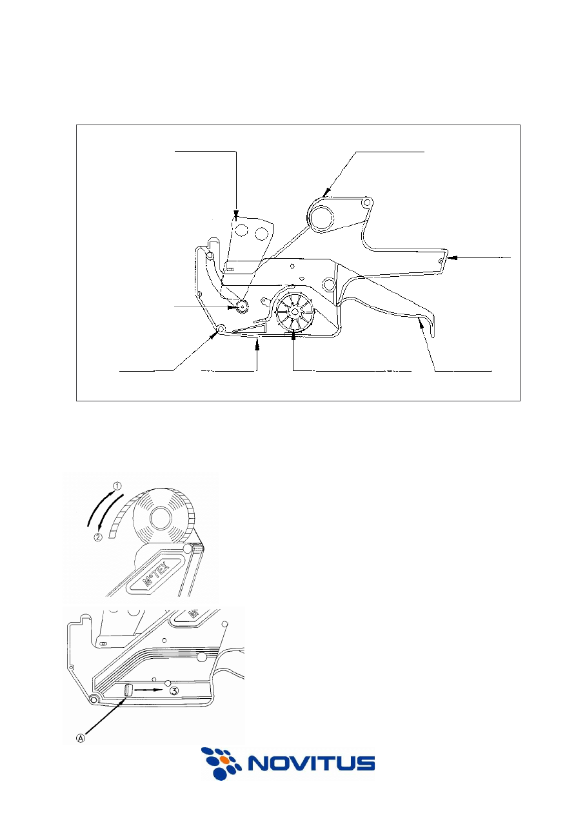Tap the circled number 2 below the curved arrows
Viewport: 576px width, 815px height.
tap(98, 537)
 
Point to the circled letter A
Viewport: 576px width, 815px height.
tap(81, 737)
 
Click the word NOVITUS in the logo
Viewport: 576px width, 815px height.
tap(312, 763)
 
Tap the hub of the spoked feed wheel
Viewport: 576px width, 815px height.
tap(295, 312)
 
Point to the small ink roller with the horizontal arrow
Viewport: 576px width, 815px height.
tap(241, 307)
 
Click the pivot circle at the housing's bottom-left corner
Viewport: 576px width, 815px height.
tap(221, 329)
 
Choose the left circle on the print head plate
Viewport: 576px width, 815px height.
tap(241, 230)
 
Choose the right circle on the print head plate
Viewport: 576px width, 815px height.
tap(261, 234)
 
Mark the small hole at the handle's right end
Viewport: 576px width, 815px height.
tap(441, 261)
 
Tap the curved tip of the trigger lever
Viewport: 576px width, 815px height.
tap(433, 329)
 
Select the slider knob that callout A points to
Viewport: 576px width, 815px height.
tap(127, 690)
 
